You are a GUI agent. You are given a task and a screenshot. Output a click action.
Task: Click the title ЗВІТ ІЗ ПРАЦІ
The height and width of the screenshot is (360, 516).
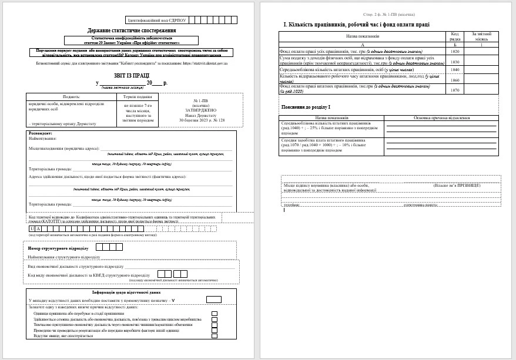click(x=132, y=75)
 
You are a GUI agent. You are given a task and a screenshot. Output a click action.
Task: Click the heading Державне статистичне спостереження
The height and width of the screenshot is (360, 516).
click(x=132, y=30)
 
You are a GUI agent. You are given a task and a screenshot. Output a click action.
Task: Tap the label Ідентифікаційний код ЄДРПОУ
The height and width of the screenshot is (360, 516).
click(x=156, y=20)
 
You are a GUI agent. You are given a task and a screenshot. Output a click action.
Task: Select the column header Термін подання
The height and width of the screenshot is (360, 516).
click(x=138, y=97)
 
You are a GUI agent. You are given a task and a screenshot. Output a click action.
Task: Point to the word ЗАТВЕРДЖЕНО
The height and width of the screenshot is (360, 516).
click(x=201, y=110)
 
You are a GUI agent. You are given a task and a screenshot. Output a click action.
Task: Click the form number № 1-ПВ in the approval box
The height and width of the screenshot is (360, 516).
click(x=201, y=100)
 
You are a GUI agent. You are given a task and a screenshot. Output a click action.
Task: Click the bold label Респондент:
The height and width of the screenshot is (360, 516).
click(x=41, y=133)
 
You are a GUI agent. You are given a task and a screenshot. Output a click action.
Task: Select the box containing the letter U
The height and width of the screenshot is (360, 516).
click(x=32, y=228)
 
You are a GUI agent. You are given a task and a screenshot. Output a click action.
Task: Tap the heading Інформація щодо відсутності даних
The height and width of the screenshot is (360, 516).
click(x=126, y=292)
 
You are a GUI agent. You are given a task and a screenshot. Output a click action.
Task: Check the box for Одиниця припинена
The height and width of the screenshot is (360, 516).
click(x=215, y=314)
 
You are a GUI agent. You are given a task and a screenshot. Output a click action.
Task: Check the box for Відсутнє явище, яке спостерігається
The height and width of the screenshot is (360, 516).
click(x=215, y=335)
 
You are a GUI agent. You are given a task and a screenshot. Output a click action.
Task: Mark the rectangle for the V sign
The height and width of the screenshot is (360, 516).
click(x=214, y=300)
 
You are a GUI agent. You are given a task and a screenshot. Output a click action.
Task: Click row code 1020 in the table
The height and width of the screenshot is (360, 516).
click(x=455, y=51)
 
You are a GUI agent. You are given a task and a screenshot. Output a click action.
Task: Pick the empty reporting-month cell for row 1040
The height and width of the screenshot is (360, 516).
click(x=481, y=69)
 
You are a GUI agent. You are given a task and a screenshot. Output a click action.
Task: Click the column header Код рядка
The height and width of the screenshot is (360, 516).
click(x=455, y=36)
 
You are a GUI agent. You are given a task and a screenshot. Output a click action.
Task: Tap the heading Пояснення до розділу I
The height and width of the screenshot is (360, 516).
click(x=306, y=107)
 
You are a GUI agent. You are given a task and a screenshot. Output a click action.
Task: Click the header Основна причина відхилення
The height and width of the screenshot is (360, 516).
click(x=440, y=117)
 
